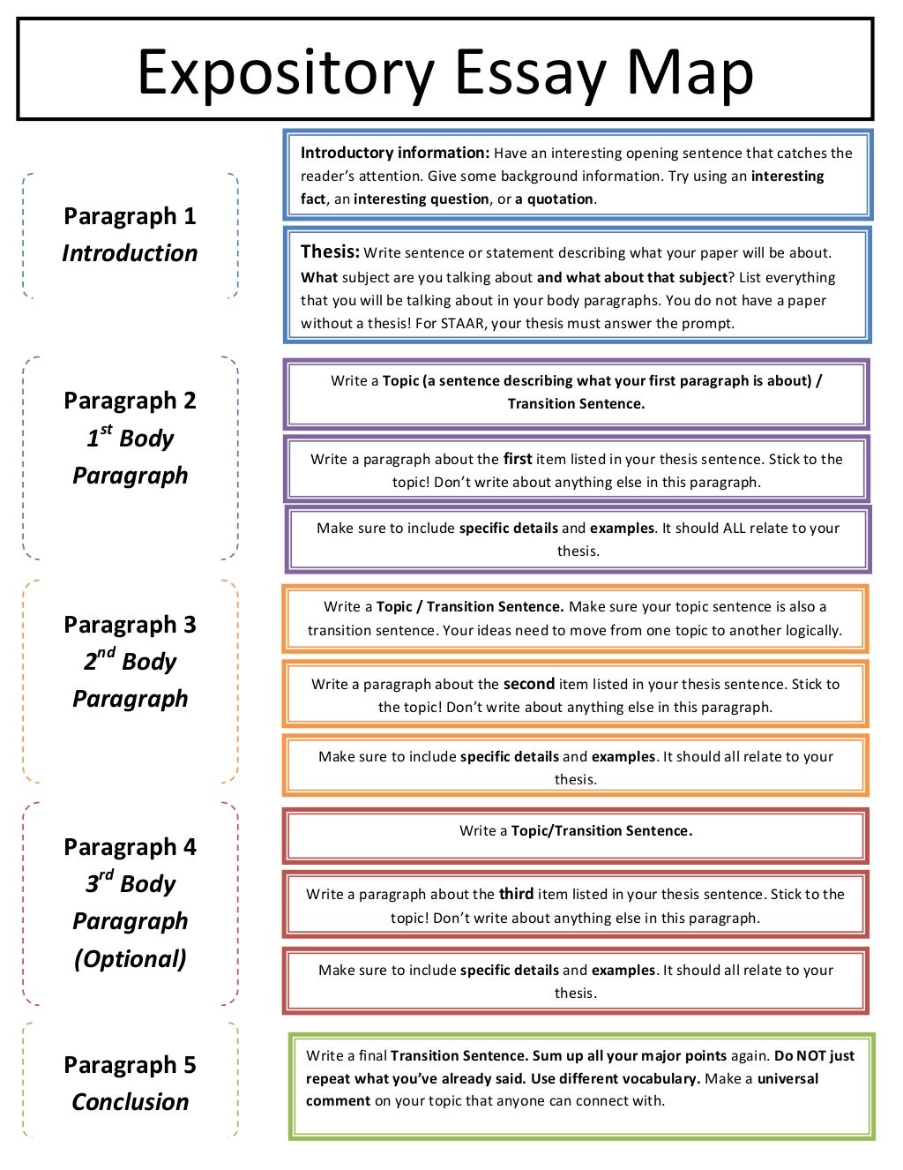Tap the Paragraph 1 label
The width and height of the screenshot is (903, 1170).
tap(130, 216)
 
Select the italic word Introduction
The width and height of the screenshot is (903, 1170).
tap(130, 253)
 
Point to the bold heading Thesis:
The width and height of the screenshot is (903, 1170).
tap(330, 251)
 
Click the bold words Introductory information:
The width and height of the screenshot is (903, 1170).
tap(394, 153)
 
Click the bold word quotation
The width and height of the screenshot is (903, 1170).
tap(560, 199)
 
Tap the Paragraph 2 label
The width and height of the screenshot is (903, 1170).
tap(130, 401)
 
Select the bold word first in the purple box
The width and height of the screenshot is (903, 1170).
tap(518, 459)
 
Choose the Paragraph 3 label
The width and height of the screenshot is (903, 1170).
tap(130, 625)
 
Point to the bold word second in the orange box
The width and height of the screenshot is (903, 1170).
tap(528, 684)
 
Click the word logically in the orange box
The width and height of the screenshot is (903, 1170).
tap(810, 630)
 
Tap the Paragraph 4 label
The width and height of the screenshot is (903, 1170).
tap(130, 847)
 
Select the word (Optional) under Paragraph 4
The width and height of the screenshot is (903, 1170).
tap(130, 958)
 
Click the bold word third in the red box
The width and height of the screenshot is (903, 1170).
tap(516, 894)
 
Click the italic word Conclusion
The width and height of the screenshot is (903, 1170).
tap(130, 1102)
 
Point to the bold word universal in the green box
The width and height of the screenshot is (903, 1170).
tap(787, 1078)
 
